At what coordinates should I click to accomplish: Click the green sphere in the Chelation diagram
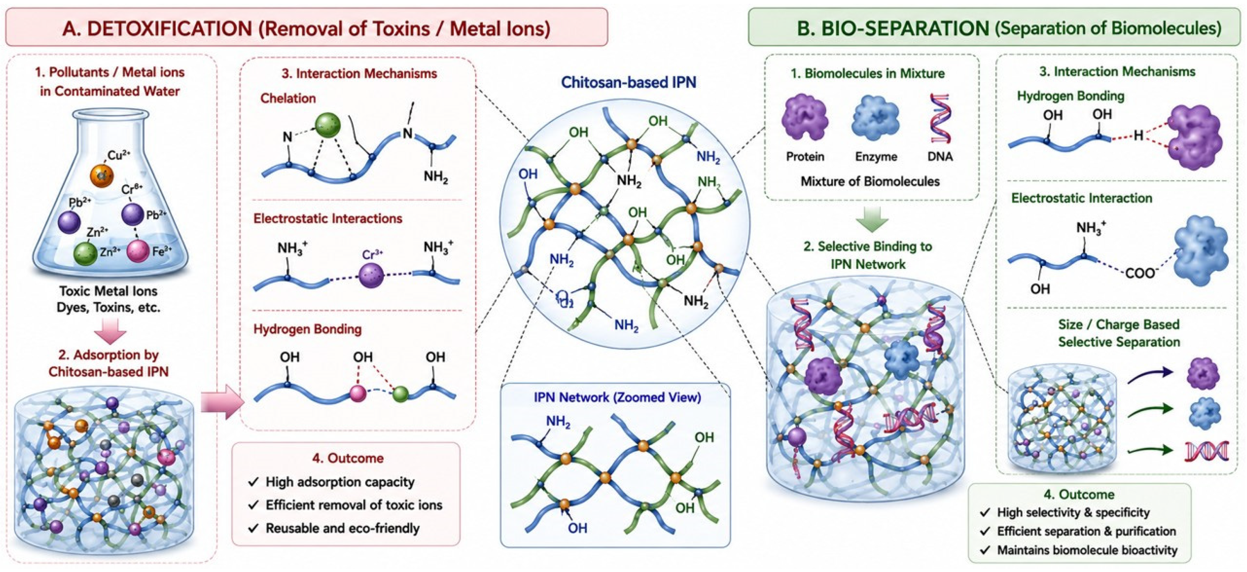[x=328, y=126]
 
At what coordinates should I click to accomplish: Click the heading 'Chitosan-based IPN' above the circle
[x=628, y=82]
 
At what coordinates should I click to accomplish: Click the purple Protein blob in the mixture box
[x=805, y=118]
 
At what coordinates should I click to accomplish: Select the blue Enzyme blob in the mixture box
[x=875, y=118]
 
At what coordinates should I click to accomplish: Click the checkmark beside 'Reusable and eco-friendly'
[x=253, y=528]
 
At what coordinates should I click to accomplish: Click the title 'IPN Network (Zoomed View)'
[x=617, y=397]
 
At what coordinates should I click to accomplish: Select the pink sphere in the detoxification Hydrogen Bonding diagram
[x=358, y=393]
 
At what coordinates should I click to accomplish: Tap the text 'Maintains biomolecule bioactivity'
[x=1087, y=550]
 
